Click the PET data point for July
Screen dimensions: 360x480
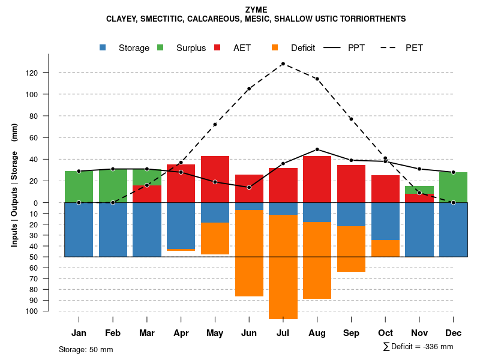[283, 64]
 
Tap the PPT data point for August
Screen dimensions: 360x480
[317, 149]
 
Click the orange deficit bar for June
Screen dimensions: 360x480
[249, 253]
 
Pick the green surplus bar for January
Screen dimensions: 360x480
[79, 187]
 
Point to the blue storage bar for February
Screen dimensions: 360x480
[113, 230]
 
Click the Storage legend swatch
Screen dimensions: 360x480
[103, 48]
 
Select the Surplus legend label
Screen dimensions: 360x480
[191, 48]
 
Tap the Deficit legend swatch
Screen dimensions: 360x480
[275, 48]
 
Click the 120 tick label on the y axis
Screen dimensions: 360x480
[48, 73]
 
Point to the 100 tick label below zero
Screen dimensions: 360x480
[48, 311]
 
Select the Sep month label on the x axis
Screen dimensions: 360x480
[351, 333]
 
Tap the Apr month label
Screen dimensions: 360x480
[181, 333]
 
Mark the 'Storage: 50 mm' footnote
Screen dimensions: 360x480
[86, 349]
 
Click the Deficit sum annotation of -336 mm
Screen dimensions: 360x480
[418, 347]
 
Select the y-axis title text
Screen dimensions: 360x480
[14, 190]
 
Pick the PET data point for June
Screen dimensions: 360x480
[249, 89]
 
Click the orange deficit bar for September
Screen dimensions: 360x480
[351, 249]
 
